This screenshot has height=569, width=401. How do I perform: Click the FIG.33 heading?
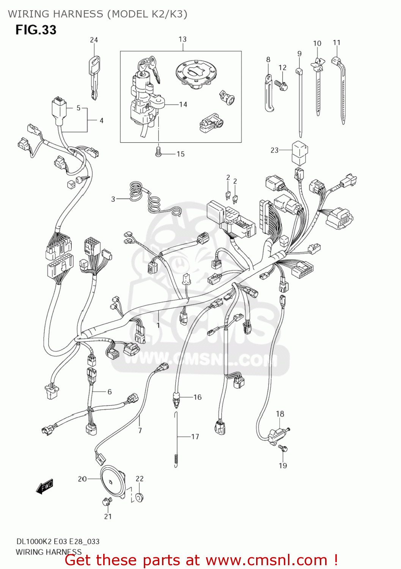click(36, 30)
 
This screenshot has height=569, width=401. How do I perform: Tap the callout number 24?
click(94, 40)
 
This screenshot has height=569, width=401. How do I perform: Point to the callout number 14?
click(183, 104)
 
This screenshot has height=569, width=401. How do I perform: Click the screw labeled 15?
click(159, 152)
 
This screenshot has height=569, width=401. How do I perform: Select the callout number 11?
click(337, 42)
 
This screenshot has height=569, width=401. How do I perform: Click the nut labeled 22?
click(139, 497)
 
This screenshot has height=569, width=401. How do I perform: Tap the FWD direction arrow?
click(44, 487)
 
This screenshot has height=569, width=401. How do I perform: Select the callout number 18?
click(280, 414)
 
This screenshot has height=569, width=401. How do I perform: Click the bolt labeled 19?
click(283, 449)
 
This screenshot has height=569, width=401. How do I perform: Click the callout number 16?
click(198, 397)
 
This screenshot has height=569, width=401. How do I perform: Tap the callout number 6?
click(110, 392)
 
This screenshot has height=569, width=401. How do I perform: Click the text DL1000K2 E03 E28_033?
click(58, 541)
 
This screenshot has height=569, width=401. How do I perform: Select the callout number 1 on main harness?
click(158, 325)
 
